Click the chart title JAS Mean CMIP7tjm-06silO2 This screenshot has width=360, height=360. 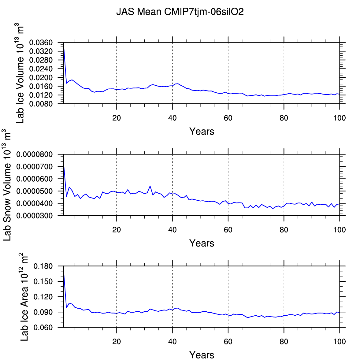(x=180, y=12)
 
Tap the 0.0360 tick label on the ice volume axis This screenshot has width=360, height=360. (x=41, y=43)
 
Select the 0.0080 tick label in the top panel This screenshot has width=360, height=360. (x=41, y=104)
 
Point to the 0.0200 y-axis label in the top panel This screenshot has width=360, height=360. (x=41, y=78)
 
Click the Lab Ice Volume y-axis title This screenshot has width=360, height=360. (x=20, y=73)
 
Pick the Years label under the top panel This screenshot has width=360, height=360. (x=202, y=132)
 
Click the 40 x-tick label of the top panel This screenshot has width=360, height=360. (x=173, y=118)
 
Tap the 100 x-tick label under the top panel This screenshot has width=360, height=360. (x=340, y=118)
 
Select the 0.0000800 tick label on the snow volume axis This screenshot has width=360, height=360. (x=35, y=154)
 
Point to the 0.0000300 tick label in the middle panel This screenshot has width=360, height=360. (x=35, y=216)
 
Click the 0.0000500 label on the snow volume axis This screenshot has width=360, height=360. (x=35, y=191)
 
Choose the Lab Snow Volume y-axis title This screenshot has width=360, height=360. (x=7, y=185)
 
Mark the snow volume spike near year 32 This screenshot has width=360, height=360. (x=150, y=186)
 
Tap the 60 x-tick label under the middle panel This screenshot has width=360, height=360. (x=228, y=230)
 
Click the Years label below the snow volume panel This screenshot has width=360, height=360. (x=202, y=243)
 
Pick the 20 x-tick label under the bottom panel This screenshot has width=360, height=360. (x=117, y=342)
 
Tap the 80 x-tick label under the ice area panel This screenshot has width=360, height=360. (x=284, y=342)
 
